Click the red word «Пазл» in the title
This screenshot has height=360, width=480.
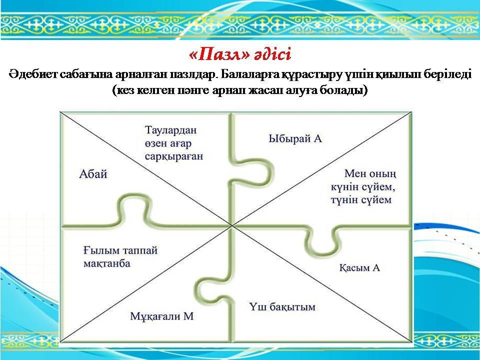pos(219,55)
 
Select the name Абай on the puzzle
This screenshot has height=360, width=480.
pos(93,174)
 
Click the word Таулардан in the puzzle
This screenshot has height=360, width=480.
pos(171,130)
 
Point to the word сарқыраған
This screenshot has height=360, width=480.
pos(174,156)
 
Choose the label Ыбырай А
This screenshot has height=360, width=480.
pos(295,138)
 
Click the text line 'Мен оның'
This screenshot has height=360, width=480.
pos(370,174)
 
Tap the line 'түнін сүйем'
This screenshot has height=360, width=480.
pos(361,200)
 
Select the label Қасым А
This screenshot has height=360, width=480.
pos(359,268)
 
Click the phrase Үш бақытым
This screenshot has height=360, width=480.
pos(282,306)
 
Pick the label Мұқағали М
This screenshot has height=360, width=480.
pos(162,316)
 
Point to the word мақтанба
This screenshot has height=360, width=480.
pos(107,263)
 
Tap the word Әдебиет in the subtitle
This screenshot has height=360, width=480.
pos(32,74)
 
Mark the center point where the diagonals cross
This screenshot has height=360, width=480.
pos(232,226)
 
